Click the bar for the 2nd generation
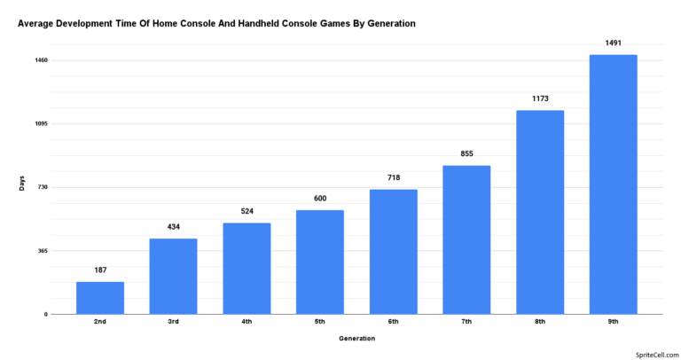100,298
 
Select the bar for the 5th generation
320,262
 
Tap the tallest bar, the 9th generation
613,184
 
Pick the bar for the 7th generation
466,239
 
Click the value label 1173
540,98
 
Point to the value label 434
173,227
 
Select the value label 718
393,178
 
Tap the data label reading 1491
613,43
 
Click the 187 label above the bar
100,270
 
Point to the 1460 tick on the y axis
42,60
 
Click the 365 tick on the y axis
43,251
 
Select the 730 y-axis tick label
43,187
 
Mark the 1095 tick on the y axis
42,124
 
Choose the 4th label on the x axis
247,321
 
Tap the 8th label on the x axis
540,321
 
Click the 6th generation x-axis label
393,321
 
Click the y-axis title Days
22,184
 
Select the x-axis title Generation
356,338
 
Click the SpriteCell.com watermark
654,352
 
